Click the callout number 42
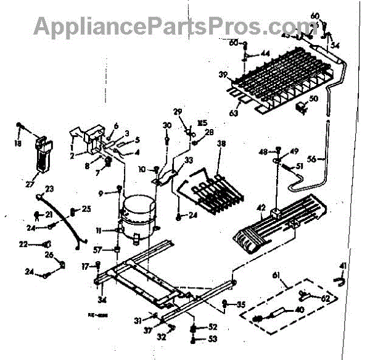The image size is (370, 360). (x=261, y=207)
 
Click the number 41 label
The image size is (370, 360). (x=343, y=266)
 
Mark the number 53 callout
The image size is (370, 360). (x=213, y=339)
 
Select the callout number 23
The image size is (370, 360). (x=50, y=189)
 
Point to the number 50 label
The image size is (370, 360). (x=313, y=99)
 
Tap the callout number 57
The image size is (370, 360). (x=97, y=249)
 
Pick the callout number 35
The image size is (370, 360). (x=241, y=304)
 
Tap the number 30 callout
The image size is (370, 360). (x=166, y=125)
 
